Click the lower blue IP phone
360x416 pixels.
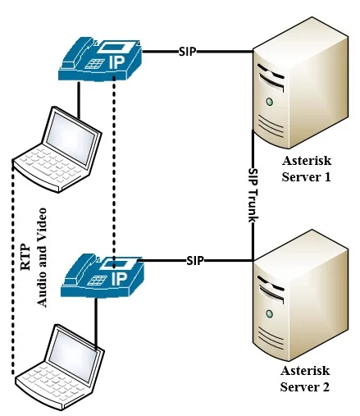pyautogui.click(x=102, y=272)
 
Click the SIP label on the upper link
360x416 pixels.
pyautogui.click(x=189, y=51)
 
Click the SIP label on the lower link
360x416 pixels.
pyautogui.click(x=194, y=260)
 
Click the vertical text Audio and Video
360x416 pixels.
pyautogui.click(x=43, y=258)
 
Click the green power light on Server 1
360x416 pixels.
pyautogui.click(x=268, y=103)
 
